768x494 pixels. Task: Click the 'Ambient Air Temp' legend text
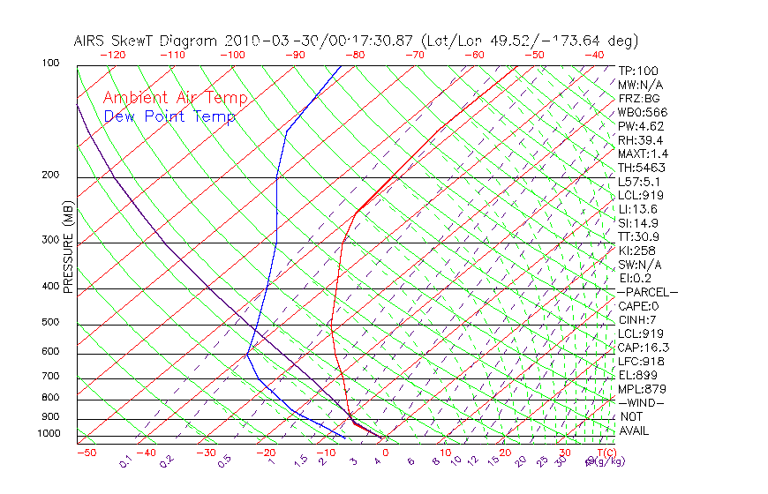(175, 98)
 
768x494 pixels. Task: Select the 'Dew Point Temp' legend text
(169, 116)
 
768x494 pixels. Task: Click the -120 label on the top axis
(112, 55)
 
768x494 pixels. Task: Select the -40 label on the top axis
(594, 55)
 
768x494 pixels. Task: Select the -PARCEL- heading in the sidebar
(647, 292)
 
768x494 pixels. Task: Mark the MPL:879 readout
(642, 388)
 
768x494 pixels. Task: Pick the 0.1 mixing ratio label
(125, 461)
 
